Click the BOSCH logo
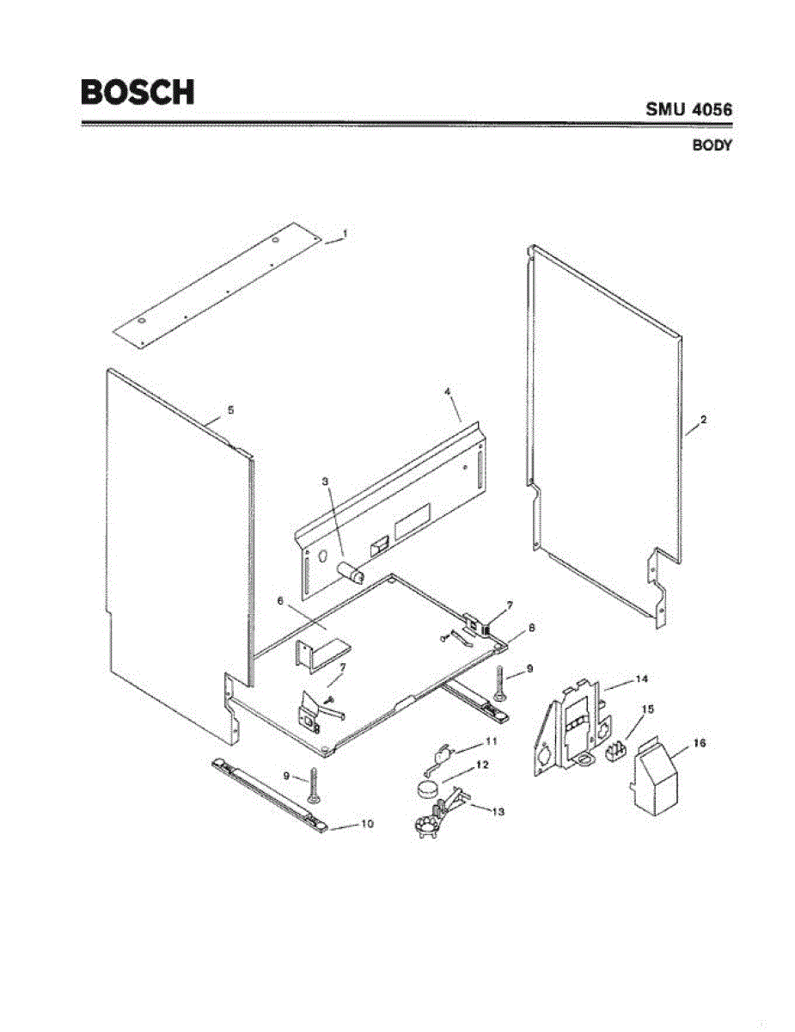click(138, 92)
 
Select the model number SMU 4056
click(688, 110)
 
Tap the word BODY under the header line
click(712, 145)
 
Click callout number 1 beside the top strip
click(345, 233)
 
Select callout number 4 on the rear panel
click(448, 391)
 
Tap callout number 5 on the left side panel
click(230, 411)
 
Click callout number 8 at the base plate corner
click(531, 629)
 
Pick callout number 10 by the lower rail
click(366, 824)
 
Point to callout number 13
click(498, 811)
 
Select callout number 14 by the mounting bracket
click(641, 679)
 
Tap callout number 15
click(648, 709)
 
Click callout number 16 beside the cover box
click(700, 741)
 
